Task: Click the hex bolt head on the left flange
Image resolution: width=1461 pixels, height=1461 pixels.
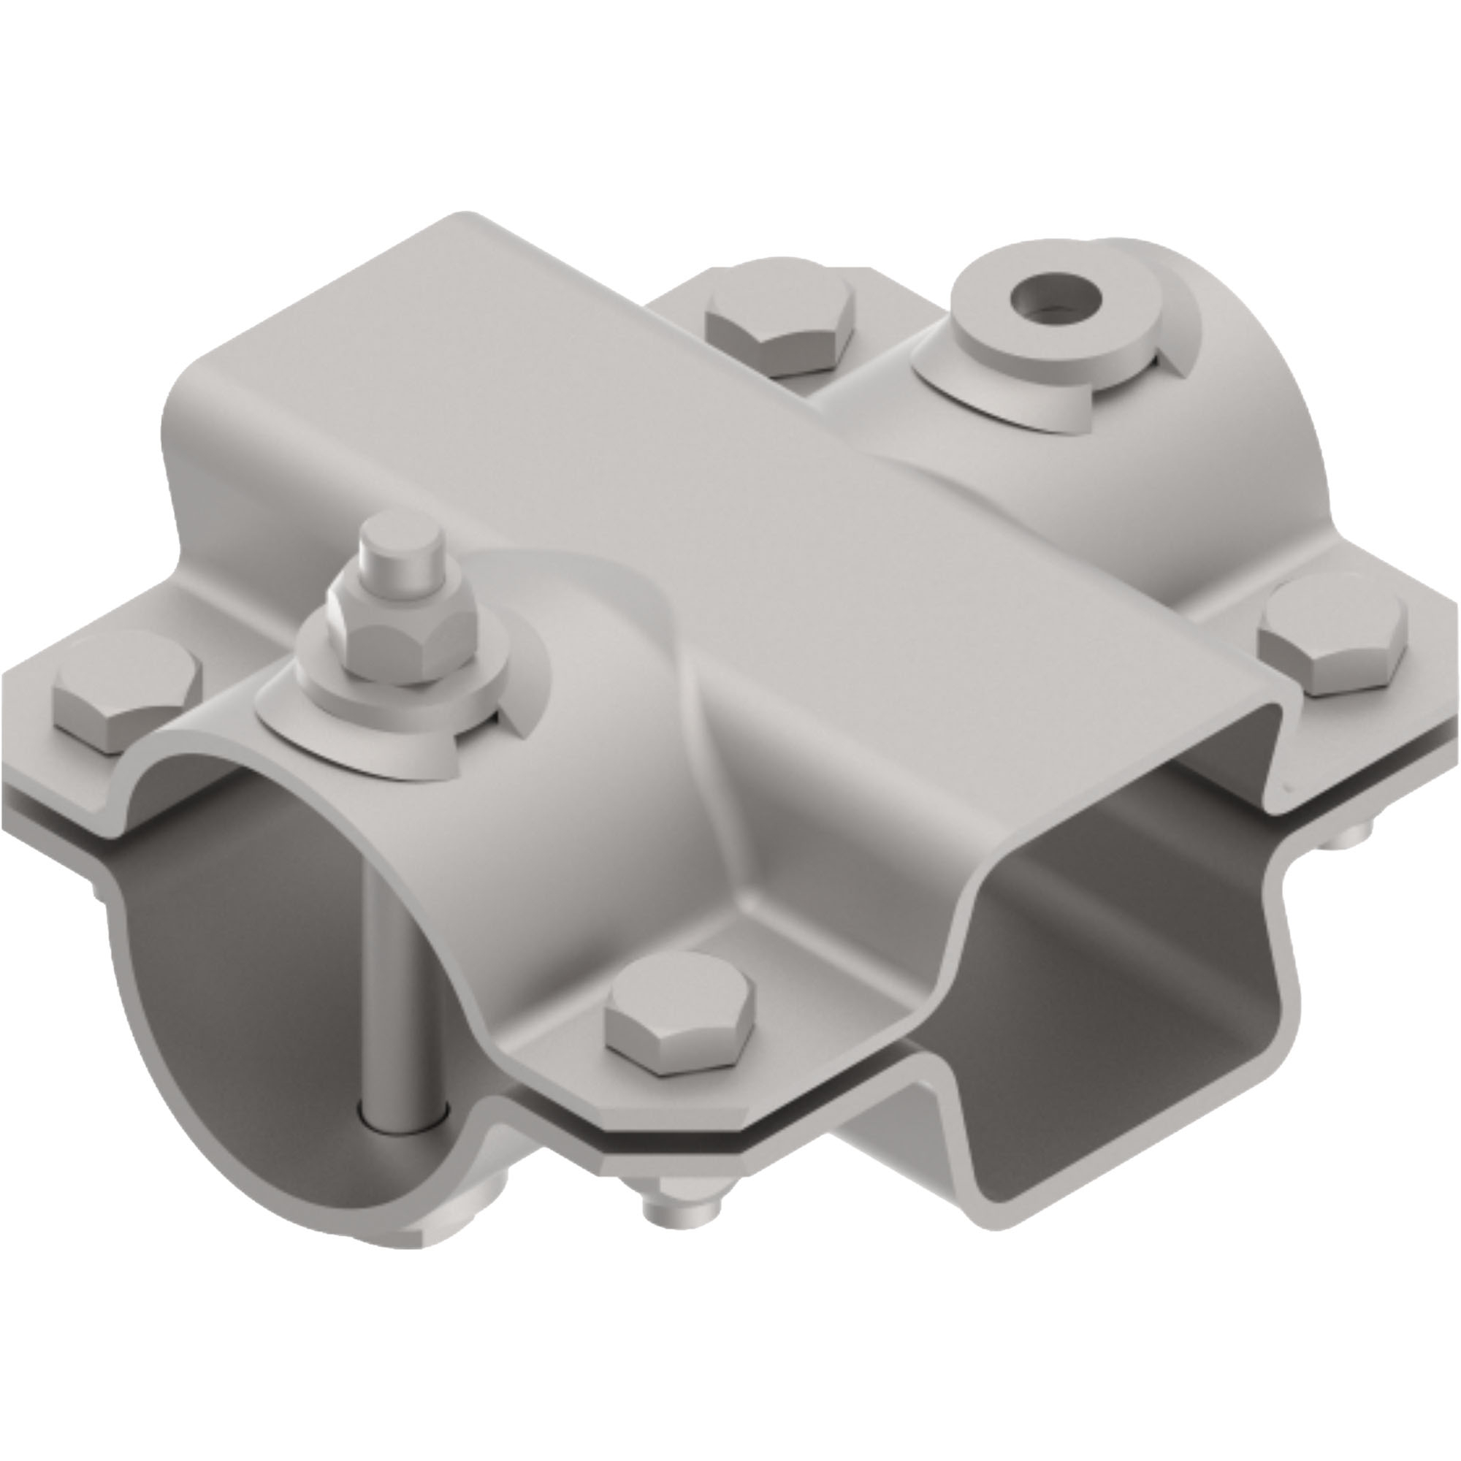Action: pyautogui.click(x=127, y=694)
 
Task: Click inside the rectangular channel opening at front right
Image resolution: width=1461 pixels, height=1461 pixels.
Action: pyautogui.click(x=1119, y=1058)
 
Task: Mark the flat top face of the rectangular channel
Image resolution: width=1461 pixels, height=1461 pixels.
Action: pyautogui.click(x=681, y=454)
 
